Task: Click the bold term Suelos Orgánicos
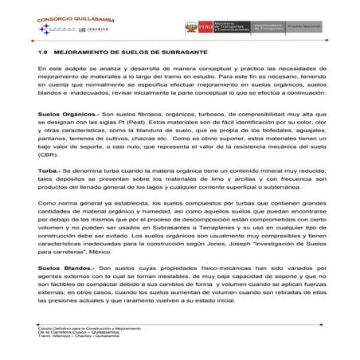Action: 65,114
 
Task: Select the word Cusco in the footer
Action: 80,333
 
